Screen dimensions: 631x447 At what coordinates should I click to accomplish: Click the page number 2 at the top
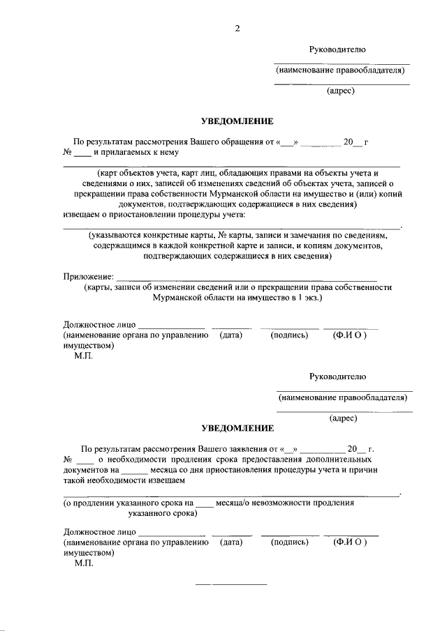coord(237,28)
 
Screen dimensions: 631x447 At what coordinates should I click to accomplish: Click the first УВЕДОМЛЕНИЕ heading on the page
coord(237,121)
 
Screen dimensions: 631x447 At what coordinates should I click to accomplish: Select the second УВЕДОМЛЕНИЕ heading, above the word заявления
coord(237,427)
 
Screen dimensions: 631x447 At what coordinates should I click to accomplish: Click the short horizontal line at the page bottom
coord(230,584)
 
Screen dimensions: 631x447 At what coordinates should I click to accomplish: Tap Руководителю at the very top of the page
coord(337,49)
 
